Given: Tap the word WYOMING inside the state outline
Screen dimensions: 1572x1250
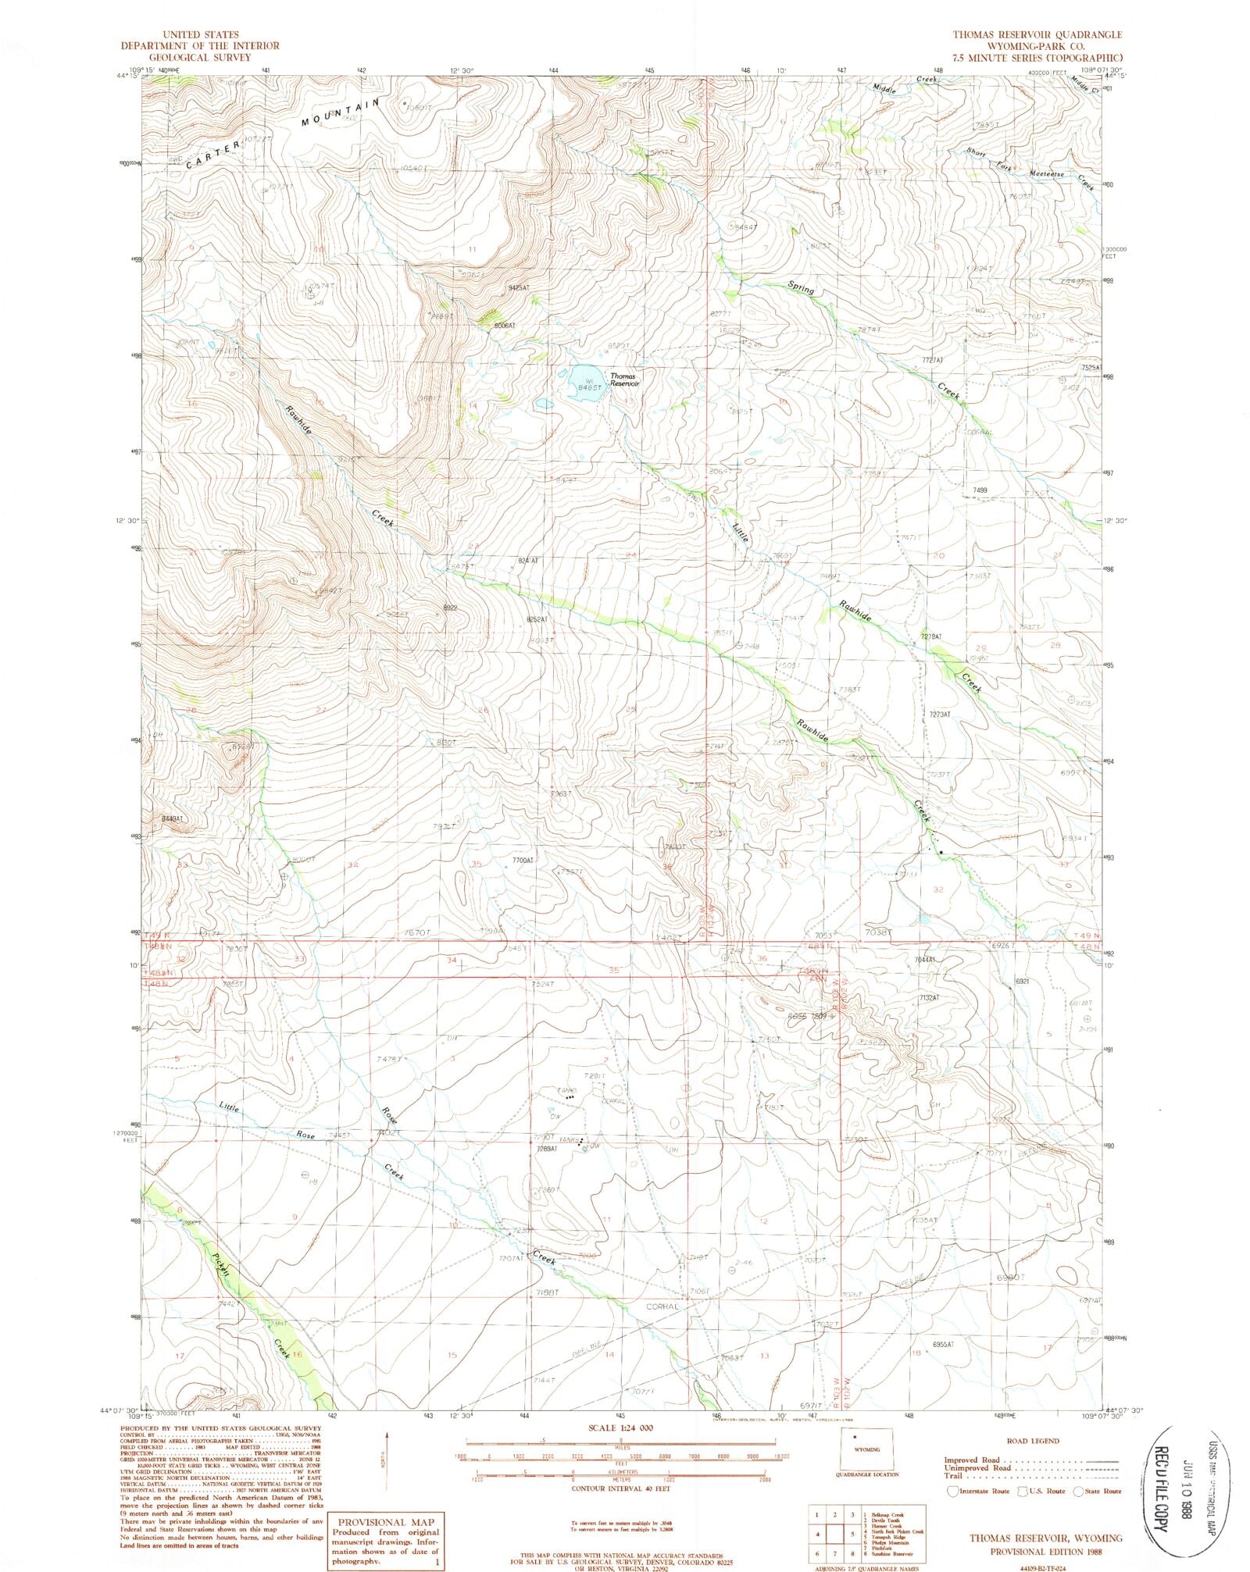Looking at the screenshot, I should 869,1449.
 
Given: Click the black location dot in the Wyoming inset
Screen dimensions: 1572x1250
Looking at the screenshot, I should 855,1437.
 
